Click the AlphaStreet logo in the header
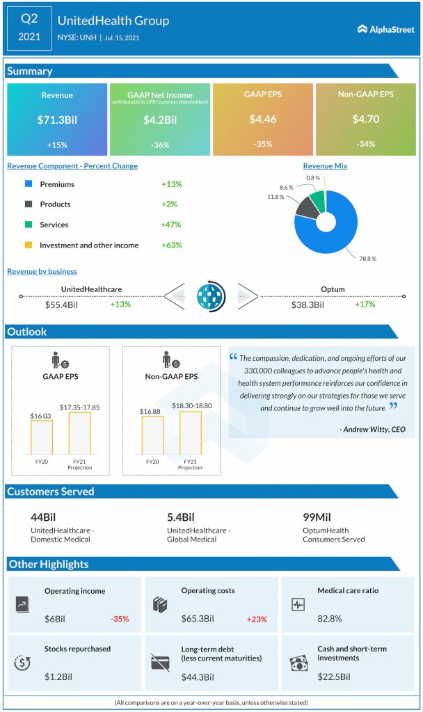click(x=385, y=29)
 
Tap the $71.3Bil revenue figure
click(x=57, y=120)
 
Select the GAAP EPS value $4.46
click(x=263, y=120)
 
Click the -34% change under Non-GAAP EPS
click(x=365, y=144)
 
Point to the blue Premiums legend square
click(x=28, y=184)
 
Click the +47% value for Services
click(x=170, y=225)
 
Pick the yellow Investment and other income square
click(x=28, y=245)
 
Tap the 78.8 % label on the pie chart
click(x=367, y=258)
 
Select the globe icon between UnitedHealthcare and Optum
click(x=211, y=296)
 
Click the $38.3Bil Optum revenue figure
click(x=308, y=305)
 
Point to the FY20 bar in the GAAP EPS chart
click(x=41, y=437)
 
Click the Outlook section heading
click(x=27, y=332)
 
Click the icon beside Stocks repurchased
click(x=23, y=663)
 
